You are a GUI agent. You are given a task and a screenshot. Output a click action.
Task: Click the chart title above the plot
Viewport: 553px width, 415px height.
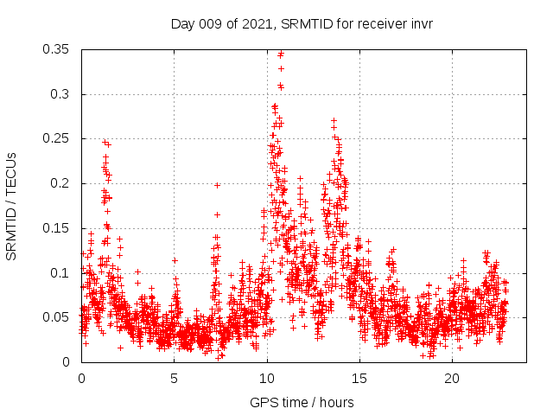(x=302, y=23)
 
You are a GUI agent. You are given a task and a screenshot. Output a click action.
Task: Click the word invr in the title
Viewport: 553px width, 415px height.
(x=420, y=23)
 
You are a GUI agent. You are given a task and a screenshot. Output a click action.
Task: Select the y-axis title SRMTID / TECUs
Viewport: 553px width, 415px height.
(x=12, y=206)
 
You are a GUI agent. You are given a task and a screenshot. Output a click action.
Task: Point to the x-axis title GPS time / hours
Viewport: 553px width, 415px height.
(x=302, y=402)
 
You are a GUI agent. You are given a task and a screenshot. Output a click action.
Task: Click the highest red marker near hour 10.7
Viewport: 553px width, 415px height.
(x=281, y=54)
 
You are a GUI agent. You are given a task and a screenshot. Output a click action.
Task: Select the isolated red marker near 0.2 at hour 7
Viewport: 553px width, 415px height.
(x=218, y=185)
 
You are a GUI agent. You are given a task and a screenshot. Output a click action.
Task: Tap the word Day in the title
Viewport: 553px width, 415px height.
(x=182, y=23)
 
